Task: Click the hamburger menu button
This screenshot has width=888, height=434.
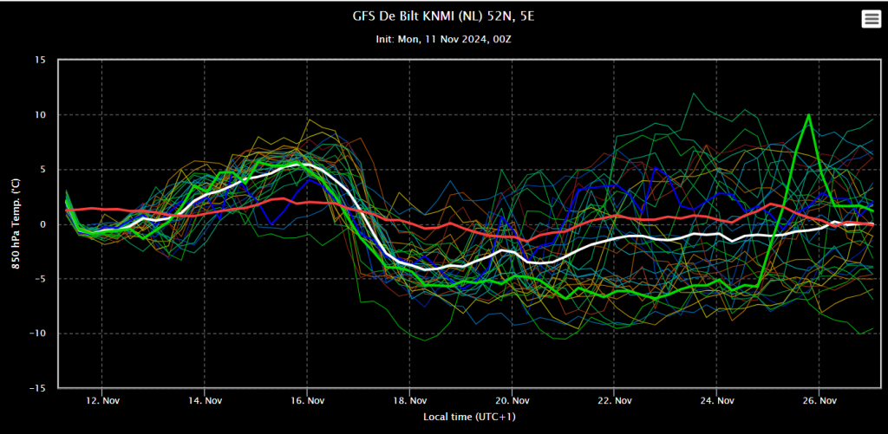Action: click(x=871, y=19)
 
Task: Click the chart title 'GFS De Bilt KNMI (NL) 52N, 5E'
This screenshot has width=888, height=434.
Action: click(x=443, y=16)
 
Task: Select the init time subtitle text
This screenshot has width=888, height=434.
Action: click(x=443, y=40)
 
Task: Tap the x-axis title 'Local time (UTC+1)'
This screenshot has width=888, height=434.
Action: click(x=469, y=417)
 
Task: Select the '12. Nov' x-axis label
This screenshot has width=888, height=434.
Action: click(x=102, y=400)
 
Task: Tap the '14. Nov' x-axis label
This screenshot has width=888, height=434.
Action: click(x=205, y=400)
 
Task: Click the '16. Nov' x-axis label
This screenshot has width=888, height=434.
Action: click(x=307, y=400)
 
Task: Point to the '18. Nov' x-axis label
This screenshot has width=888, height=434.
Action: click(x=409, y=400)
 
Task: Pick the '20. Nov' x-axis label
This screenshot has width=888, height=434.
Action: click(x=512, y=400)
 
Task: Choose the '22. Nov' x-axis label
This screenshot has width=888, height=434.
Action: click(x=615, y=400)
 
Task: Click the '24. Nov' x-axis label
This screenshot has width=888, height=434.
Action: click(x=717, y=400)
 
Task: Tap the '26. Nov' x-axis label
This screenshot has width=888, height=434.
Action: click(x=819, y=400)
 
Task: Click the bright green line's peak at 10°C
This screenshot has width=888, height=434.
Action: click(x=809, y=115)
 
